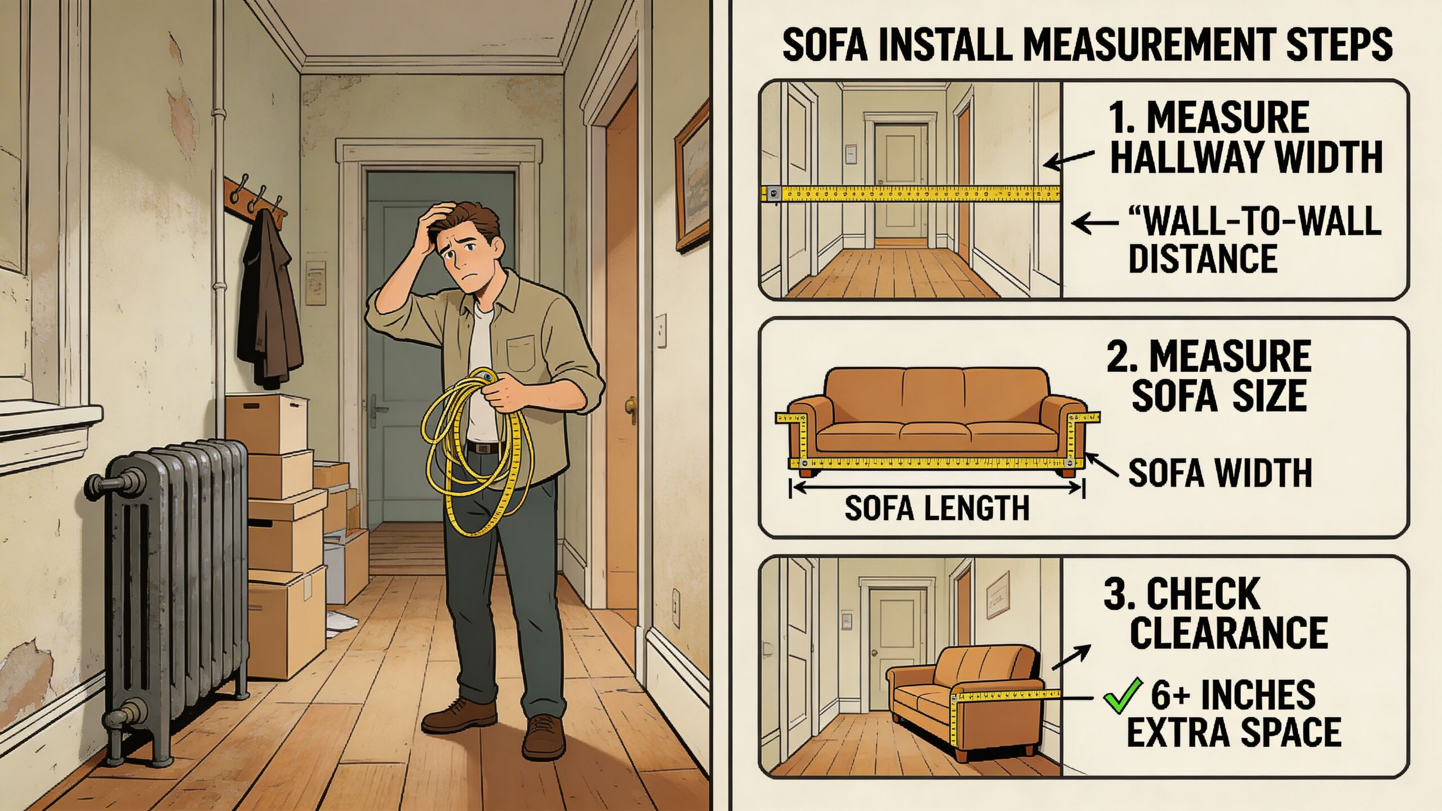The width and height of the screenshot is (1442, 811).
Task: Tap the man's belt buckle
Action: [482, 448]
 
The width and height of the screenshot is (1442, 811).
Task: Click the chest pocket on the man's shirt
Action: [521, 352]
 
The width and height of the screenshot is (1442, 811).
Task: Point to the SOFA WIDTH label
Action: [1220, 473]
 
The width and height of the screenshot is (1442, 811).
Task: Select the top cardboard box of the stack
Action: [267, 422]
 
